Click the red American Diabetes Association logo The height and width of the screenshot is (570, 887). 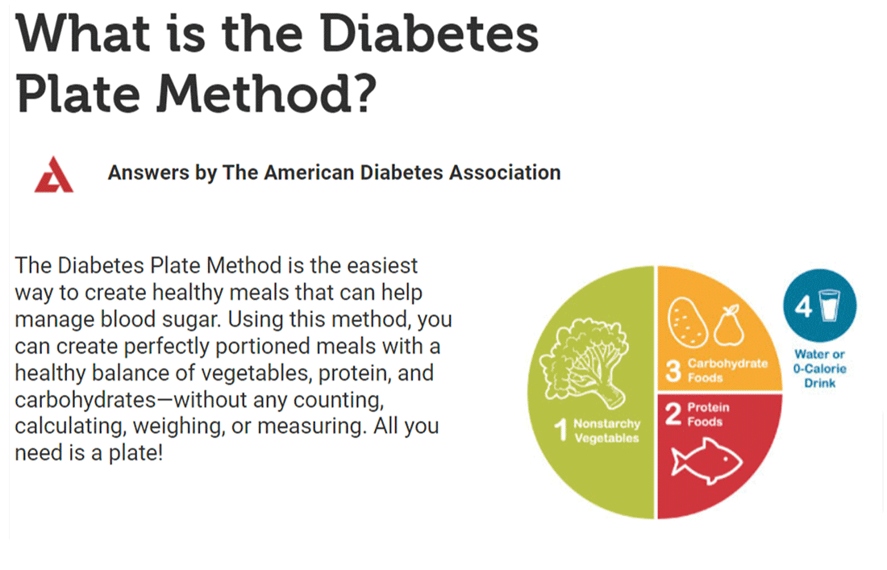click(54, 175)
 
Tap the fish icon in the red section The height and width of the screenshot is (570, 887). click(706, 462)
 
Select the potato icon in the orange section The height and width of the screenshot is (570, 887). click(688, 322)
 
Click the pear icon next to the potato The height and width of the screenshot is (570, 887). click(729, 326)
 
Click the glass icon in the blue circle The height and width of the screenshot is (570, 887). click(829, 306)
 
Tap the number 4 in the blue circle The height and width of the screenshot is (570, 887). click(803, 306)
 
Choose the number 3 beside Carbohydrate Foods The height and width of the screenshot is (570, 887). click(673, 371)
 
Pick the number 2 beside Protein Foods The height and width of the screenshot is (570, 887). click(673, 414)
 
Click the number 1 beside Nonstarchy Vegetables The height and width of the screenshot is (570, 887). click(561, 430)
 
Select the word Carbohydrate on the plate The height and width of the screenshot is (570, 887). click(727, 364)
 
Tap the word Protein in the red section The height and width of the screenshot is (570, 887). click(708, 407)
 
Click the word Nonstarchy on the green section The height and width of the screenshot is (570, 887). click(607, 423)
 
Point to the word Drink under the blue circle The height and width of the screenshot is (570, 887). click(820, 383)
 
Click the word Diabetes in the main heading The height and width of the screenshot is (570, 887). click(429, 34)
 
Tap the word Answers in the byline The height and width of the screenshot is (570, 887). click(148, 173)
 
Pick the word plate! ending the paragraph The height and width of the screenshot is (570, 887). click(134, 454)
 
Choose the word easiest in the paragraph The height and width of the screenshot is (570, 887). click(382, 265)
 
